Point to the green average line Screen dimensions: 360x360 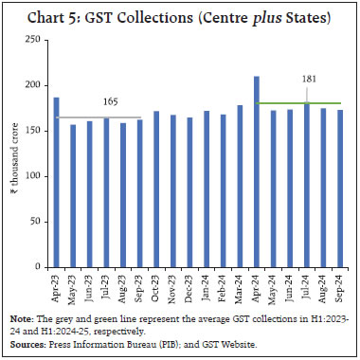284,102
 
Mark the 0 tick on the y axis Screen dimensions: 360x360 42,267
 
